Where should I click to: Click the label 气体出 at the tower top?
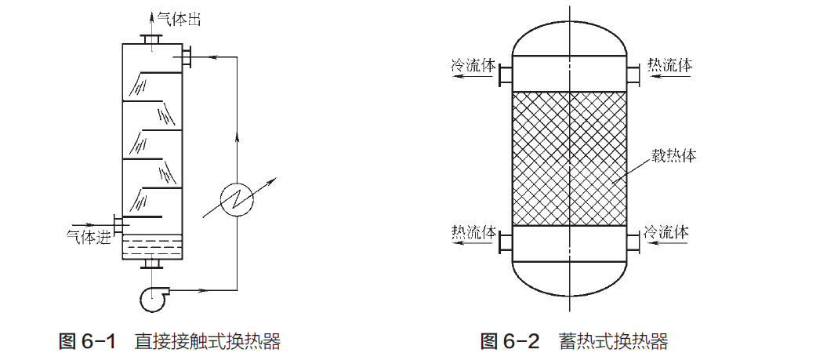tap(179, 19)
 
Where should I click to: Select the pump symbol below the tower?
tap(153, 296)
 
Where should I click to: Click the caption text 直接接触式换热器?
tap(207, 342)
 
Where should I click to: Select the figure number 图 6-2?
tap(510, 342)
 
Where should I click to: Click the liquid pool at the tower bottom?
tap(152, 247)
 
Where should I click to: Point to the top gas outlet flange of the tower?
tap(152, 39)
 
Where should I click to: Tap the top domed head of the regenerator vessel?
tap(568, 35)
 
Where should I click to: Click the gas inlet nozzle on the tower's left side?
tap(118, 224)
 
